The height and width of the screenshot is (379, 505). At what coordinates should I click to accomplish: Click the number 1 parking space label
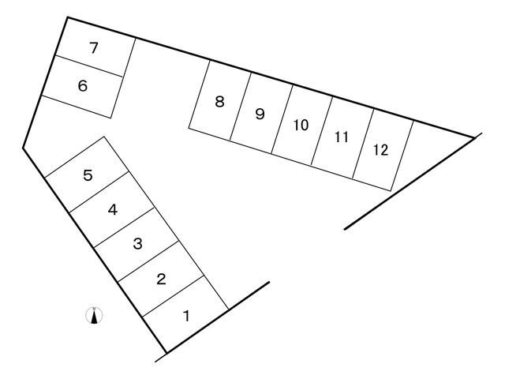click(186, 316)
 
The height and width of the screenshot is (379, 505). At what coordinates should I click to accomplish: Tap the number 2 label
click(161, 279)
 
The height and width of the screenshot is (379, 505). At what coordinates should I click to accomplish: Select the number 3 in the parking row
click(137, 244)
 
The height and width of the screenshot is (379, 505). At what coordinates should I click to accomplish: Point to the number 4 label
click(112, 210)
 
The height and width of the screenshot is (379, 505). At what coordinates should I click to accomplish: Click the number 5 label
click(88, 175)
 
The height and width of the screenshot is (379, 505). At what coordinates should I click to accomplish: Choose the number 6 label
click(83, 86)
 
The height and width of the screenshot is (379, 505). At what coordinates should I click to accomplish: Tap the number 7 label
click(93, 48)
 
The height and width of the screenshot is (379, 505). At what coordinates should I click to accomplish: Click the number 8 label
click(219, 102)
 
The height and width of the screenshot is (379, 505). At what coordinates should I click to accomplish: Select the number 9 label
click(260, 114)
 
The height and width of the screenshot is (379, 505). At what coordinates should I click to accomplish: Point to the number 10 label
click(301, 125)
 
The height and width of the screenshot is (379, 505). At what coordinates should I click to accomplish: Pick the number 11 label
click(342, 137)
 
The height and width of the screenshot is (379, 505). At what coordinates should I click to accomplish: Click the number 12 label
click(380, 150)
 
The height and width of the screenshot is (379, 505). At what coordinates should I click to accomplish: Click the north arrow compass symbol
click(95, 315)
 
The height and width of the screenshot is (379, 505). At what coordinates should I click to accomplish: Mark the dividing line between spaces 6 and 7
click(89, 66)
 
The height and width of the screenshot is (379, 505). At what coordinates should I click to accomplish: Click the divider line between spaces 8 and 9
click(240, 107)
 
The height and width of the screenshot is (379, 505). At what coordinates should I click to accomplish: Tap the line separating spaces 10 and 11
click(322, 131)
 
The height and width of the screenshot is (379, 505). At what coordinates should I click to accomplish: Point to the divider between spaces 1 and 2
click(173, 296)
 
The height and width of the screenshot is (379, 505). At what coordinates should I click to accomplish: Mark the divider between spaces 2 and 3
click(148, 261)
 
